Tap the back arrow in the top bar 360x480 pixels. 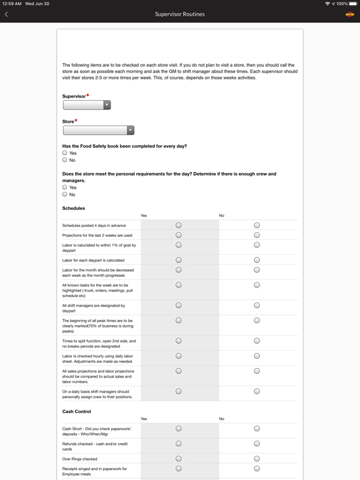click(7, 14)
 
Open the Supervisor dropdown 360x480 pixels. click(87, 105)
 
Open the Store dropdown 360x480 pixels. click(99, 131)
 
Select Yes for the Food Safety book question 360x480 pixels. click(65, 153)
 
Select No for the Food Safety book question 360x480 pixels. click(65, 160)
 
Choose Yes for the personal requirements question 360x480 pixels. click(65, 187)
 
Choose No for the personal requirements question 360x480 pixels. click(65, 194)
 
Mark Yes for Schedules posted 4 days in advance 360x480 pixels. click(179, 225)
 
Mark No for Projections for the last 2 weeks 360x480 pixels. click(257, 235)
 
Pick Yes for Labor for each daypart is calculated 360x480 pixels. click(179, 260)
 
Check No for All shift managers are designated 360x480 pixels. click(257, 306)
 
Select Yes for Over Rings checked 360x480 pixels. click(179, 459)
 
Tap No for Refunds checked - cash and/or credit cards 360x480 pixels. click(257, 444)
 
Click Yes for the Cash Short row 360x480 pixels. click(179, 429)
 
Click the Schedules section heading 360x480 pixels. click(74, 208)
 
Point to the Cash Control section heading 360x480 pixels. click(77, 411)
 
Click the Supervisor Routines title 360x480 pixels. click(180, 14)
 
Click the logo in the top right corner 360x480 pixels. click(350, 14)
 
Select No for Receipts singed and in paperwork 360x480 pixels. click(257, 468)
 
